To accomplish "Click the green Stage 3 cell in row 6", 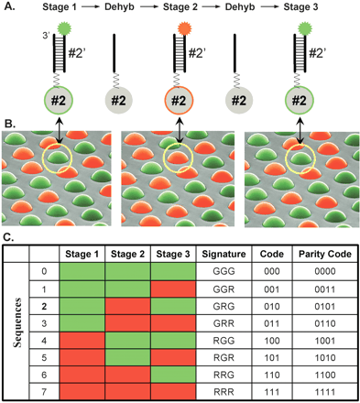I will click(x=172, y=374).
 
